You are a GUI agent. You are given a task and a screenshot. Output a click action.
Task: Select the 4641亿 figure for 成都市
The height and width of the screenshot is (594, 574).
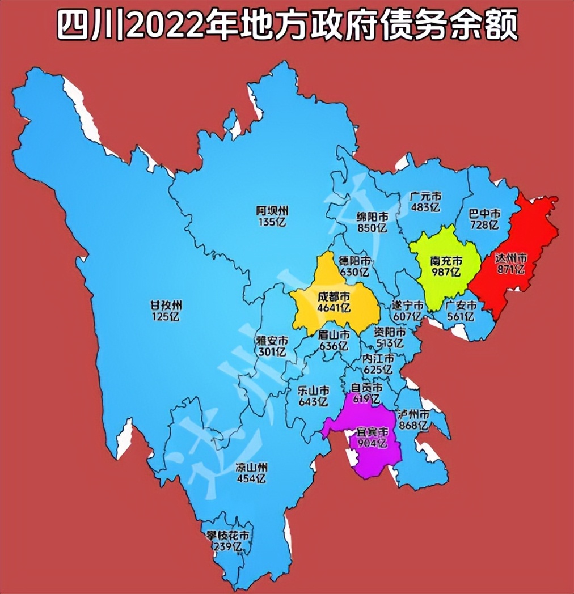click(x=334, y=308)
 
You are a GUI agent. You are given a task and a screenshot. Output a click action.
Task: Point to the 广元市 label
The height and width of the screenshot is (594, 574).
click(x=425, y=197)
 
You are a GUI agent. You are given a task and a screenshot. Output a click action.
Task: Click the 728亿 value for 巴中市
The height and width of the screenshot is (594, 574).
click(x=485, y=225)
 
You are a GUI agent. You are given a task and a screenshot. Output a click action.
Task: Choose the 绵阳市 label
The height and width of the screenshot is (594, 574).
click(x=372, y=217)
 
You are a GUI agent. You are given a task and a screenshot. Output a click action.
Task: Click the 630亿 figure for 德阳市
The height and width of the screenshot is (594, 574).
click(x=354, y=272)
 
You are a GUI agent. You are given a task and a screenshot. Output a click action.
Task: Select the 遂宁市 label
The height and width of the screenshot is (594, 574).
click(x=407, y=304)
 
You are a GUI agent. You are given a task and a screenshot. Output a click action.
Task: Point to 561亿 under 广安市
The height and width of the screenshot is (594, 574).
click(x=459, y=317)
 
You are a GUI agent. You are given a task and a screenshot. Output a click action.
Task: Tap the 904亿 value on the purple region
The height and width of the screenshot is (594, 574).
click(x=372, y=443)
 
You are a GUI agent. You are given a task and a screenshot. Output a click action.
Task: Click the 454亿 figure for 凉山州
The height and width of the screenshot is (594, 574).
click(x=251, y=478)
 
